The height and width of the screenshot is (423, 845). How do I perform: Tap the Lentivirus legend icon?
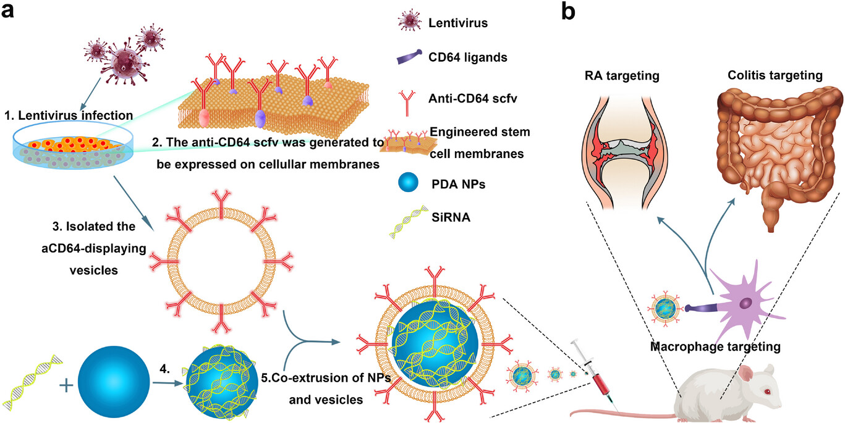pyautogui.click(x=409, y=22)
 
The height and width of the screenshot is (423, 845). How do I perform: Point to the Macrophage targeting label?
pyautogui.click(x=715, y=346)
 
